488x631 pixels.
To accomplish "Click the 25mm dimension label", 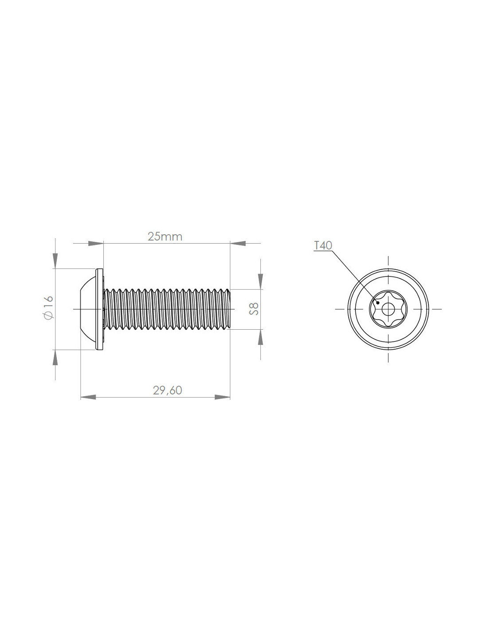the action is point(165,237).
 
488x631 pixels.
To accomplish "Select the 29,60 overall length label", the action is point(168,390).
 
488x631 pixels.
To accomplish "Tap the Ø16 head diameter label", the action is point(48,308).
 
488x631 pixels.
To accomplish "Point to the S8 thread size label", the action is point(253,309).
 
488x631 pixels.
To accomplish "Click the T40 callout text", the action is point(323,245).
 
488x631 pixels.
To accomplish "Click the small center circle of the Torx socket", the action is point(388,309).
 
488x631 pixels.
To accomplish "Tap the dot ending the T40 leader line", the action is point(378,303).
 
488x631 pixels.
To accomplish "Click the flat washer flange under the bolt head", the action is point(99,309).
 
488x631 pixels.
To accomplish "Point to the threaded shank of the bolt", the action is point(167,309).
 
